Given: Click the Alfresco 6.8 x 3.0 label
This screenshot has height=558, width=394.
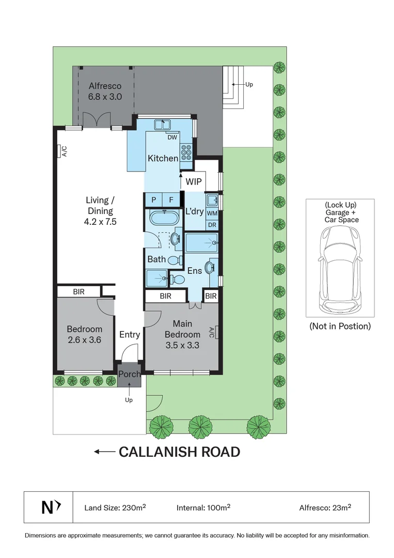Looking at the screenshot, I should point(105,91).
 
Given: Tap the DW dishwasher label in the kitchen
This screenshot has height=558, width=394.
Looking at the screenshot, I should point(172,137).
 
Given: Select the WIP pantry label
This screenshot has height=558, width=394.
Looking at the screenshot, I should point(194,182).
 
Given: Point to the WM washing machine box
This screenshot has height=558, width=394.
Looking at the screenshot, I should point(212,213).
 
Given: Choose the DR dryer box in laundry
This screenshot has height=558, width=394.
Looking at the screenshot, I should point(212,225).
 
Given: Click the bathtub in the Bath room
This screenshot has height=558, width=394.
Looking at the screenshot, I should point(163,217).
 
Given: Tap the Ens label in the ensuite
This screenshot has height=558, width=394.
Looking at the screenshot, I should point(194,270).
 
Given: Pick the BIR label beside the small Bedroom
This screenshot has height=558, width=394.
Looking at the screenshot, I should point(78,292).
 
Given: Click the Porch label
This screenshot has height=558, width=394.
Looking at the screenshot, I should point(129,374).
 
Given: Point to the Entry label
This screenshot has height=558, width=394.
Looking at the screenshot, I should point(130,334).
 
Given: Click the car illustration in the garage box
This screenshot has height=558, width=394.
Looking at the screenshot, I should point(339,269).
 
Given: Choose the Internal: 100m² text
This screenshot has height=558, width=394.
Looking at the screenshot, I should point(203,507).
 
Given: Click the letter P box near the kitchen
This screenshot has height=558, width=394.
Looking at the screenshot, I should point(153,200).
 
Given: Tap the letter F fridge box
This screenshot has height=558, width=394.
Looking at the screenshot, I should point(171,200).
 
